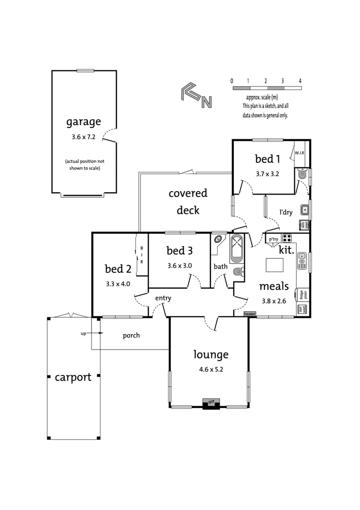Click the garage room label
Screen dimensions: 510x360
[83, 122]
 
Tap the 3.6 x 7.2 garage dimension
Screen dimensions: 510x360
[83, 137]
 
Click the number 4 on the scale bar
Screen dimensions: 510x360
[300, 81]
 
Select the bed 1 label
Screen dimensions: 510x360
[267, 159]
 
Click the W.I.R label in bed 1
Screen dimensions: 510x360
[300, 153]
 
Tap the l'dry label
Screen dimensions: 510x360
[285, 212]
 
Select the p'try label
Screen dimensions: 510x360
[273, 239]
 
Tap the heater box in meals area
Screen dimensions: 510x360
[250, 314]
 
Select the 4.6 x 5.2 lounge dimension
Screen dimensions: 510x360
[211, 370]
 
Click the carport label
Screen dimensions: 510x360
[73, 377]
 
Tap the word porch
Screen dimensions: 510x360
[131, 336]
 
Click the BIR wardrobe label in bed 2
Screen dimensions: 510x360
[142, 255]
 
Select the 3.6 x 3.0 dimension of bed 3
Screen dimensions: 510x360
[179, 266]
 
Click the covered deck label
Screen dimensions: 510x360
[188, 202]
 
